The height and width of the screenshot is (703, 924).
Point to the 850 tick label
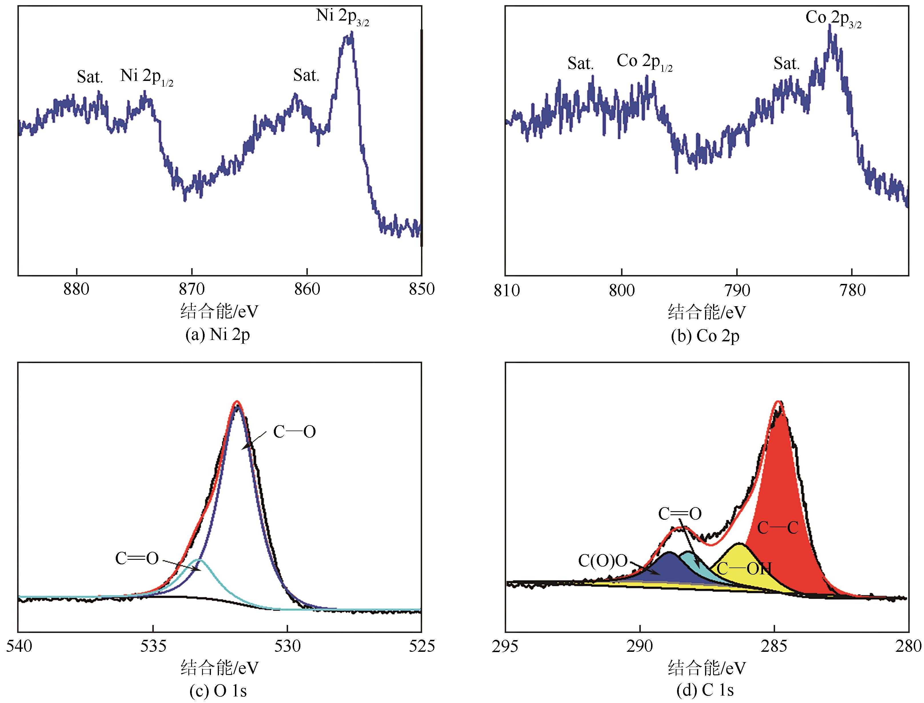point(422,289)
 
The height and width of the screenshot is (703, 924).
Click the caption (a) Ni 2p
point(217,335)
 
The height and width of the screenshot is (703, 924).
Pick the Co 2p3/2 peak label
point(833,18)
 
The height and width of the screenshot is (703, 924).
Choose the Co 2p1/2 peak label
point(644,62)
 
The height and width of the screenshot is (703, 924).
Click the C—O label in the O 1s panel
point(294,432)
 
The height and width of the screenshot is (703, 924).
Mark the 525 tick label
point(422,646)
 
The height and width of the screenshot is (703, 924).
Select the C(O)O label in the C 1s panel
point(603,561)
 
